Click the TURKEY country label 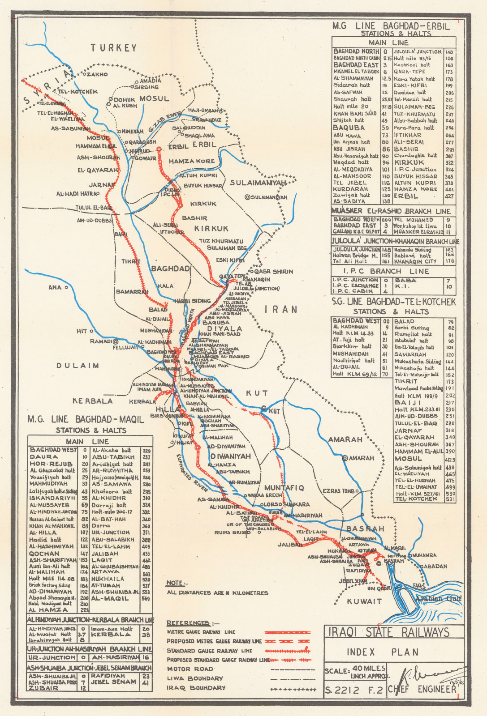(x=114, y=48)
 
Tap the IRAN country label (x=281, y=309)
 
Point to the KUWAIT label (x=364, y=601)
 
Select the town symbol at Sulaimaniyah (x=247, y=197)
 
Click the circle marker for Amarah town (x=345, y=458)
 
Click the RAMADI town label (x=100, y=341)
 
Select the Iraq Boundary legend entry (x=196, y=688)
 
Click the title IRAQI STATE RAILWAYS (x=388, y=632)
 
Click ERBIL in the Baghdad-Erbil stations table (x=406, y=196)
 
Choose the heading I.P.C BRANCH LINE (x=386, y=271)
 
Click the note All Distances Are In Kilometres (x=217, y=593)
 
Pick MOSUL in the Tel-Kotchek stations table (x=408, y=459)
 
